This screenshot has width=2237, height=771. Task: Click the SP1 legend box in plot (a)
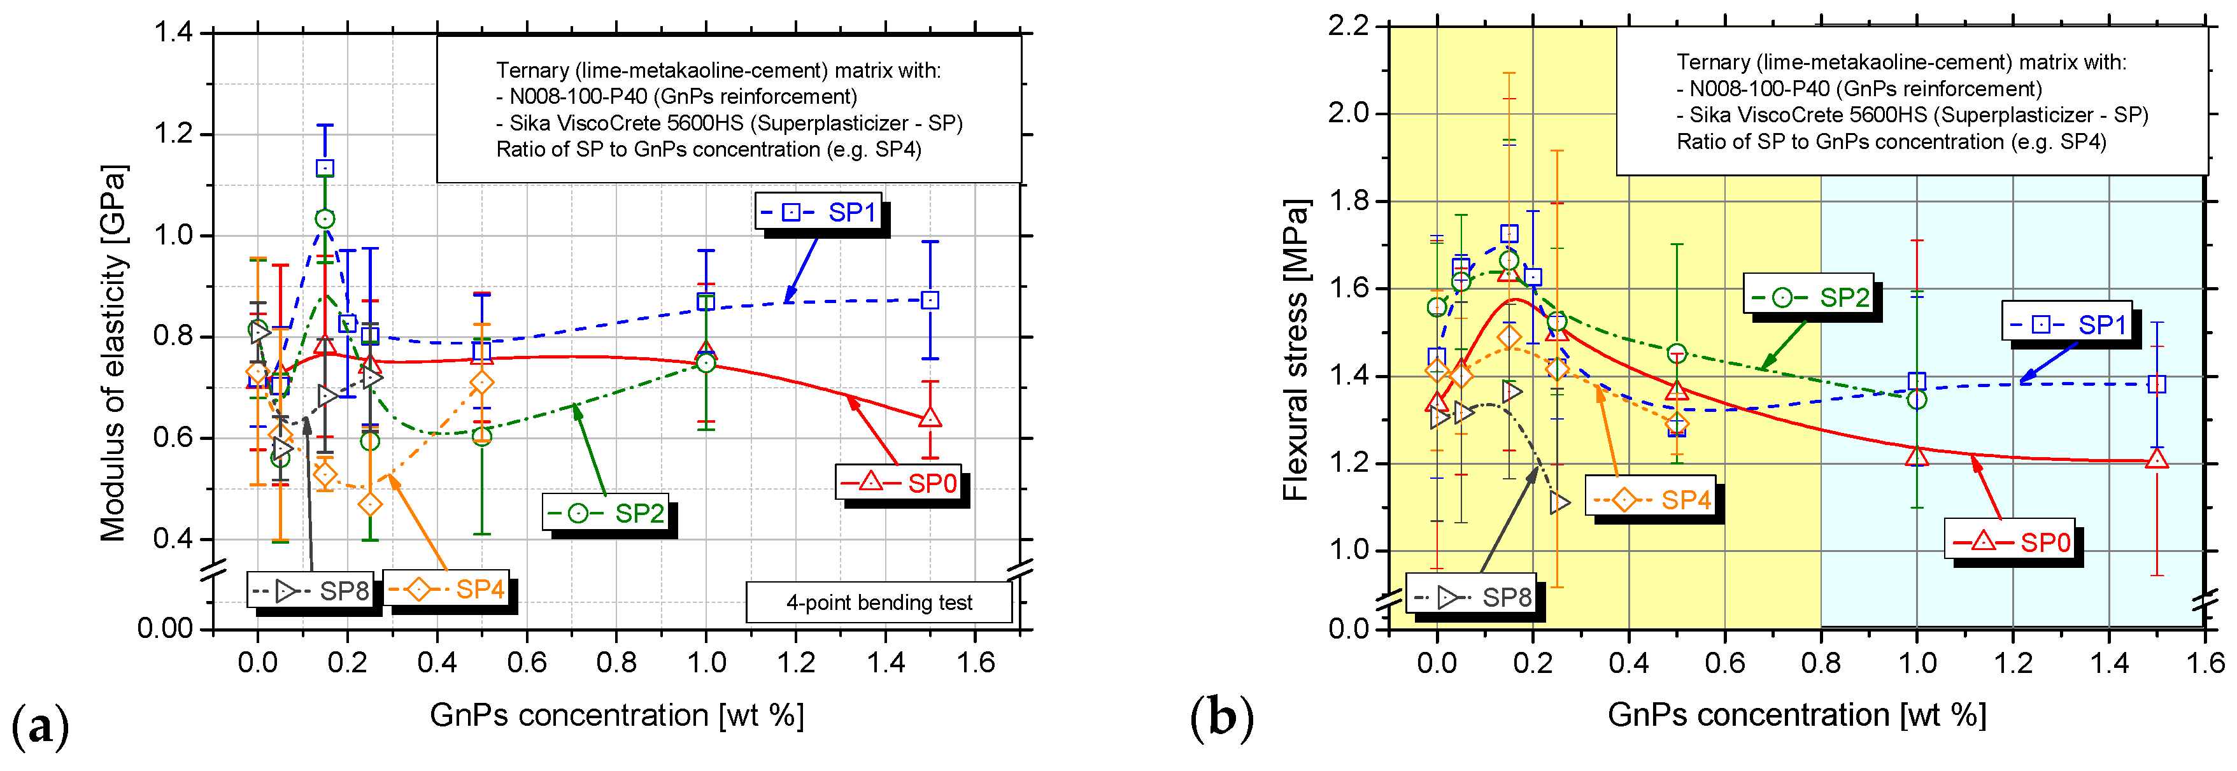pos(818,212)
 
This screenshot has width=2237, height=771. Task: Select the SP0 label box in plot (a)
pos(898,483)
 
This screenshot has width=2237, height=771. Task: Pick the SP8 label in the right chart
pos(1470,597)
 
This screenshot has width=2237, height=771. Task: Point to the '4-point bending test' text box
pos(879,602)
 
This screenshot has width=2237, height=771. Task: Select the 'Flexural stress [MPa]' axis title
pos(1296,350)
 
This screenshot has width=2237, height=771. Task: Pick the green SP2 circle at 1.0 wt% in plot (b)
pos(1917,399)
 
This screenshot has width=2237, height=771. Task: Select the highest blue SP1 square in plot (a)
pos(325,169)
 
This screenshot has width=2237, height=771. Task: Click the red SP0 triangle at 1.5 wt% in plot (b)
pos(2156,459)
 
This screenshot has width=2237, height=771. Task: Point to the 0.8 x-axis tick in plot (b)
pos(1820,664)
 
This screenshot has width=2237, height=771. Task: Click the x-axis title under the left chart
pos(616,716)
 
